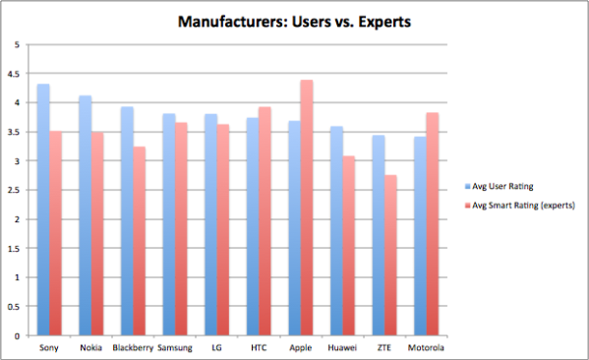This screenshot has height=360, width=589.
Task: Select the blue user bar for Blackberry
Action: (x=127, y=221)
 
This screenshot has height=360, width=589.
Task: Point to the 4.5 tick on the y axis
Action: (x=11, y=74)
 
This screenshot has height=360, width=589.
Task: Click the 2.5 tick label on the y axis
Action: (x=11, y=190)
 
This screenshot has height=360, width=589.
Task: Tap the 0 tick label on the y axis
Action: (x=15, y=335)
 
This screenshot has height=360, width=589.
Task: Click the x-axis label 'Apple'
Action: (x=301, y=348)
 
